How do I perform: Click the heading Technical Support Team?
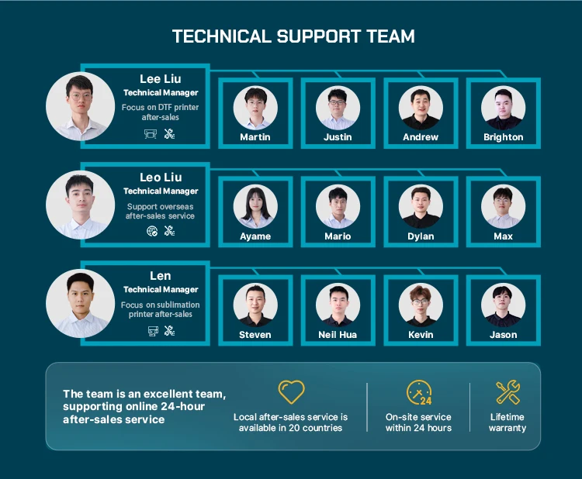tap(293, 36)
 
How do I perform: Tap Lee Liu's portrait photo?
tap(80, 106)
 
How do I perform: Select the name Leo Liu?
tap(161, 177)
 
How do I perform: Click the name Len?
tap(161, 276)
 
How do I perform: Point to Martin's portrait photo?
tap(255, 108)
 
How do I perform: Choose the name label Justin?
tap(338, 137)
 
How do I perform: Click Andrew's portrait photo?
tap(421, 108)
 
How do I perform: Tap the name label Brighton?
tap(503, 137)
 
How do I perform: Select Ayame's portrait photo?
tap(255, 206)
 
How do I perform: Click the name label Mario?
tap(338, 236)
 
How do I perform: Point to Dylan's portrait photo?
tap(421, 206)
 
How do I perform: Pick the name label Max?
tap(503, 236)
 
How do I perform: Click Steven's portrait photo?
tap(255, 305)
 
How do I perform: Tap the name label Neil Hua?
tap(338, 335)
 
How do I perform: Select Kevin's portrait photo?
tap(421, 305)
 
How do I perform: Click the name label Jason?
tap(503, 335)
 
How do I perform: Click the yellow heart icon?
tap(291, 392)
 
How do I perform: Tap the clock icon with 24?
tap(419, 393)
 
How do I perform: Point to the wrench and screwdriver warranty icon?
tap(508, 392)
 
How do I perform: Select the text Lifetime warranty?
tap(508, 422)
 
